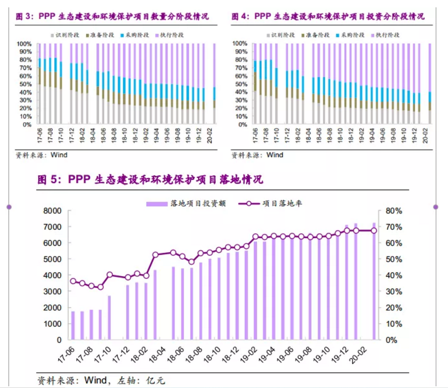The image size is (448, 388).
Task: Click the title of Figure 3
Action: pos(112,16)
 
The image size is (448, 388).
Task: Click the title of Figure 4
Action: pos(328,16)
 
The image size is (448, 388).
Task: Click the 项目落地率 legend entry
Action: pos(270,203)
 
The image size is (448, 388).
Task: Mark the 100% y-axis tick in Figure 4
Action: pos(240,44)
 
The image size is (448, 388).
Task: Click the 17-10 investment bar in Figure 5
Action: pos(109,317)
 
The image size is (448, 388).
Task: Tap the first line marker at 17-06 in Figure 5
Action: pos(73,281)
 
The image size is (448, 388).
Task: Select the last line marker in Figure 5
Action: pos(374,231)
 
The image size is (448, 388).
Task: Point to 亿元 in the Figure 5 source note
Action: pos(155,380)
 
